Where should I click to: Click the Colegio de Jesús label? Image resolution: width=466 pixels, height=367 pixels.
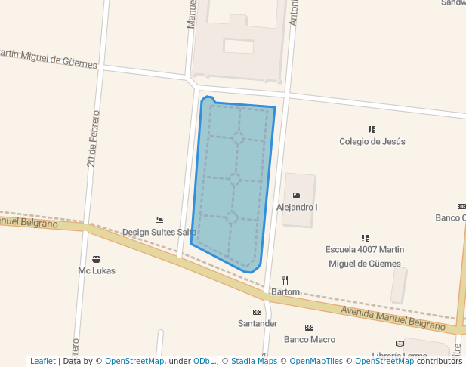click(372, 141)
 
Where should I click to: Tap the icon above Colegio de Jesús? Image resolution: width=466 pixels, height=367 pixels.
click(372, 129)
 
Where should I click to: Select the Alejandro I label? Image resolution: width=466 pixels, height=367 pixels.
click(297, 207)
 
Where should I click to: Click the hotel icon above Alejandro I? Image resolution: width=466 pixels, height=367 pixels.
click(296, 196)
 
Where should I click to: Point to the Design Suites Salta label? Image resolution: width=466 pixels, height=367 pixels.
click(159, 232)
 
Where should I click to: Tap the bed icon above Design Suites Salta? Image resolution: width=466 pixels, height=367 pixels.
click(159, 220)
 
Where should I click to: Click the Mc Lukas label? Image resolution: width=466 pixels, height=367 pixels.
click(96, 270)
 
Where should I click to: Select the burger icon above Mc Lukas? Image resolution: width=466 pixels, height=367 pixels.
click(96, 259)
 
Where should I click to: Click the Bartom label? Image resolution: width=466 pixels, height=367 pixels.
click(285, 291)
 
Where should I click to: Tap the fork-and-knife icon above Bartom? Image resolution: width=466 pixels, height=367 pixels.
click(285, 279)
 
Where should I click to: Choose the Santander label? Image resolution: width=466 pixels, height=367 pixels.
click(258, 323)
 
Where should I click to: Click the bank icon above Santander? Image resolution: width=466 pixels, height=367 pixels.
click(257, 312)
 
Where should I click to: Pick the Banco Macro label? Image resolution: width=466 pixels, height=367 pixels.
click(310, 339)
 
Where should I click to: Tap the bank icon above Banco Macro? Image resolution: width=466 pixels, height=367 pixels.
click(309, 328)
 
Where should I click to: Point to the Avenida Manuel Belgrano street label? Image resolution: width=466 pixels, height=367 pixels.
click(393, 318)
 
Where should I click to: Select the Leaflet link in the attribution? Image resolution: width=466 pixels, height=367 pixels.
click(43, 361)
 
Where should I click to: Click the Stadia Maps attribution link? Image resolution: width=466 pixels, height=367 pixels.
click(254, 361)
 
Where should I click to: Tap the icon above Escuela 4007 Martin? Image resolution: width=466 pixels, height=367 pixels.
click(365, 238)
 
